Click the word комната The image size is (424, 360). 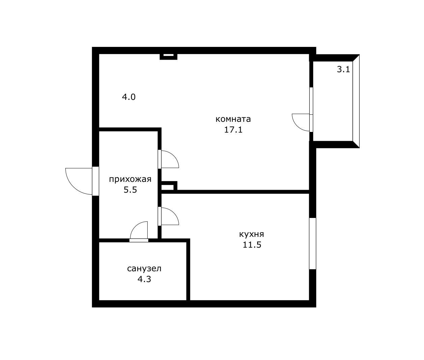233,119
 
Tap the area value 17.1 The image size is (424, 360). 233,130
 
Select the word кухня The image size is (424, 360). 251,234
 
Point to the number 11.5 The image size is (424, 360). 252,245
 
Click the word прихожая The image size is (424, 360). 130,179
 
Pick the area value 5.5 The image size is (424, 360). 130,190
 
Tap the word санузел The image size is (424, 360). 144,269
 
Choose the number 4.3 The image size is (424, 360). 144,279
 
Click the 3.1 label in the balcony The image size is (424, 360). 343,70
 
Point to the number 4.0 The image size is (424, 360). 129,97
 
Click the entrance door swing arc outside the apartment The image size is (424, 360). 73,187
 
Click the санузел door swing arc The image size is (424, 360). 134,226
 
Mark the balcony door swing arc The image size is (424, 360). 297,126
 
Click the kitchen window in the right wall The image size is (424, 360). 313,243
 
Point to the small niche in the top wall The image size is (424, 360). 169,56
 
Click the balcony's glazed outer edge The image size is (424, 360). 356,101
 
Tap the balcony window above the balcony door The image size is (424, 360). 311,101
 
